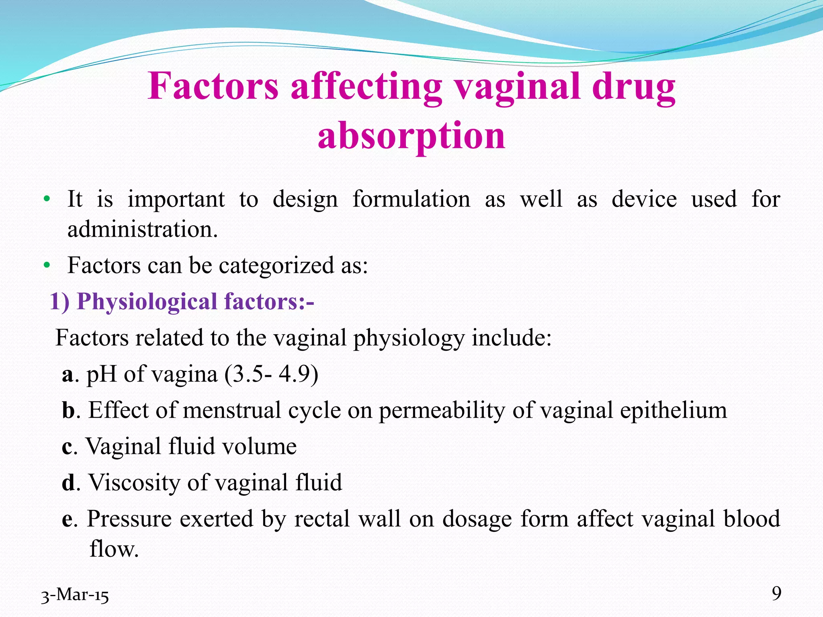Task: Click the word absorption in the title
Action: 411,137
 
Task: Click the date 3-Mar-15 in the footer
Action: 75,595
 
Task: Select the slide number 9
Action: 776,593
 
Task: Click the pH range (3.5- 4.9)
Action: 271,374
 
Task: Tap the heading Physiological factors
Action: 182,301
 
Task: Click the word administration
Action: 142,229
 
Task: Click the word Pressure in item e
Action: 129,519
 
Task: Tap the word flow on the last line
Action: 113,549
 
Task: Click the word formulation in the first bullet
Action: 411,199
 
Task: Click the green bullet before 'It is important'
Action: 47,199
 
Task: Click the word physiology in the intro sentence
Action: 408,338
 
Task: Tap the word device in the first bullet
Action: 644,199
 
